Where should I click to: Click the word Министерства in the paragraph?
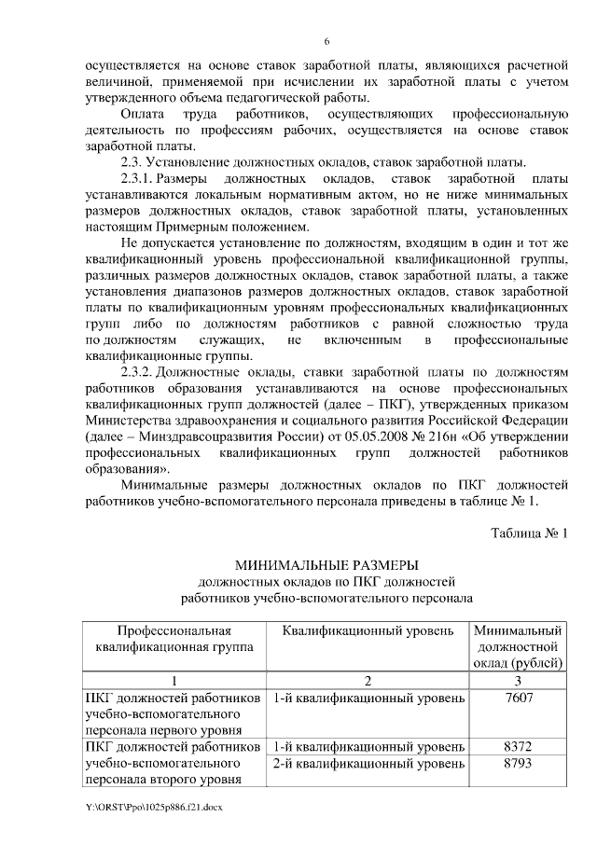point(132,420)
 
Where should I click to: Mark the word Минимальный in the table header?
point(518,630)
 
